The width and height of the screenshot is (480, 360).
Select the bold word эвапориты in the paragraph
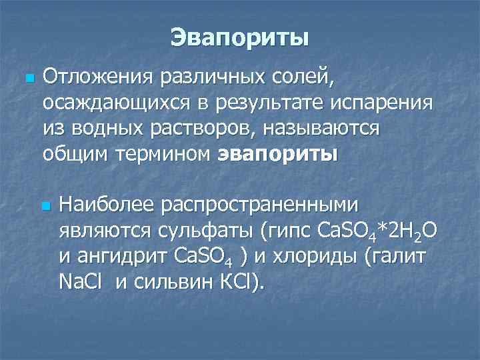[x=277, y=154]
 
